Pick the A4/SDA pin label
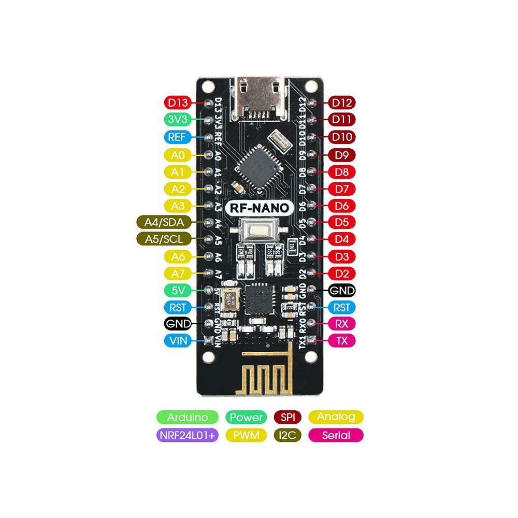click(163, 222)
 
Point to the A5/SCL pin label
click(163, 239)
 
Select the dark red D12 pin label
click(342, 103)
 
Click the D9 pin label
click(342, 154)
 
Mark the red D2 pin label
click(342, 273)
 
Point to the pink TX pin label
click(342, 341)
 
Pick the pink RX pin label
click(342, 324)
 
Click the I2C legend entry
click(287, 436)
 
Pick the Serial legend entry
click(336, 436)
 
